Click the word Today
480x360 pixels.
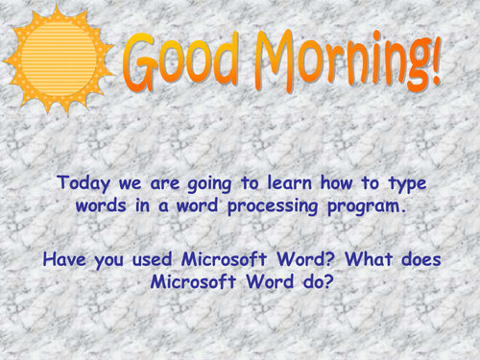click(x=84, y=182)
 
